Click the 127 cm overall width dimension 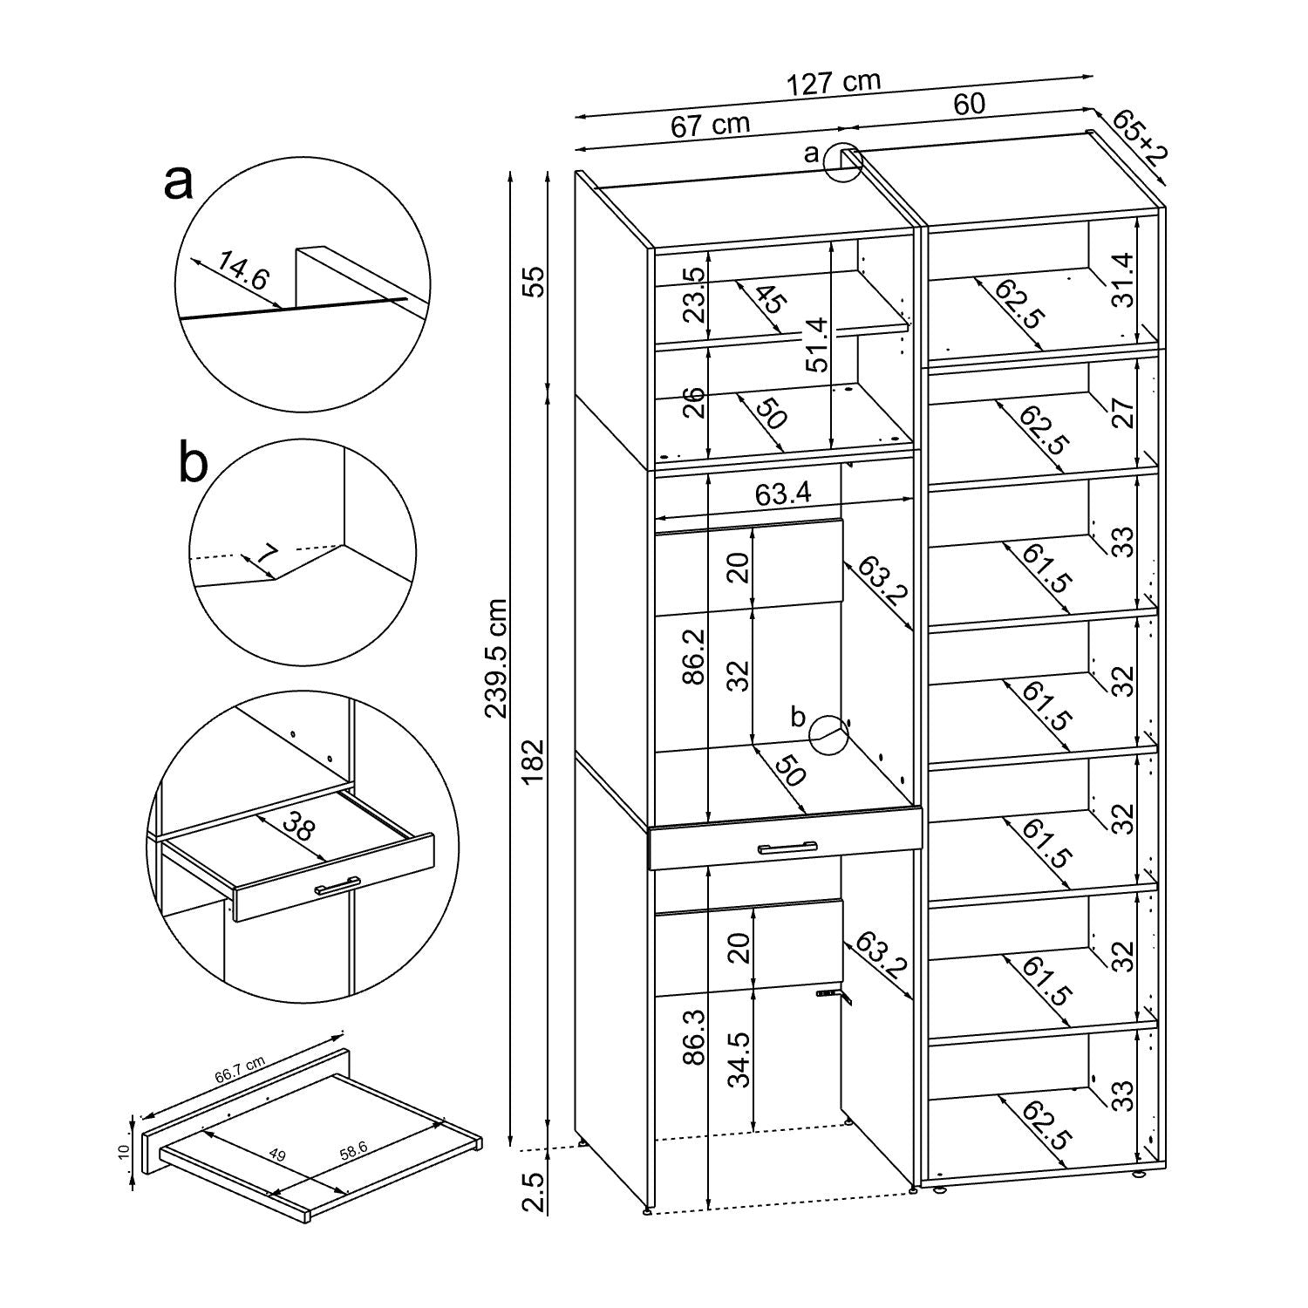point(834,83)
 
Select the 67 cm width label point(710,125)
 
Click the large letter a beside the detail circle point(178,182)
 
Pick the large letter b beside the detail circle point(193,463)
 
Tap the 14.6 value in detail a point(242,272)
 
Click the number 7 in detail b point(268,554)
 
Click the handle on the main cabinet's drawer point(787,847)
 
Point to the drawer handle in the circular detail point(337,885)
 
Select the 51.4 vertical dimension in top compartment point(816,344)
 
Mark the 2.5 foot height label point(535,1192)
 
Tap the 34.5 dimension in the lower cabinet point(739,1058)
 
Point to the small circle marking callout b point(828,735)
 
